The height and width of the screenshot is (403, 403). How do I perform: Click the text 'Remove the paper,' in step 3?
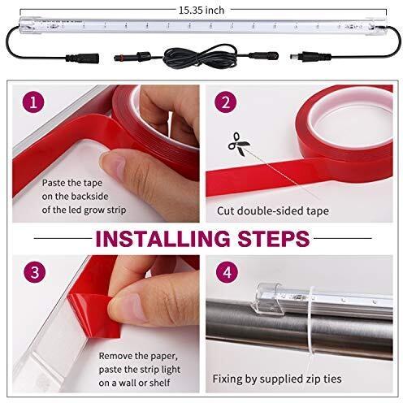137,355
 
